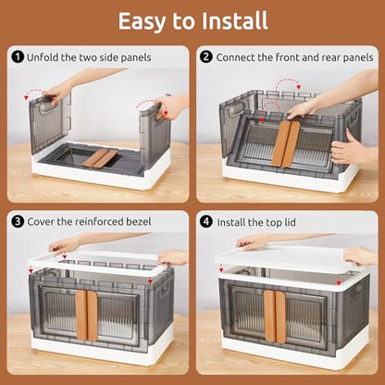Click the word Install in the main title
click(x=235, y=21)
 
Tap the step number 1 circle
click(x=18, y=57)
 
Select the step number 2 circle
click(x=206, y=57)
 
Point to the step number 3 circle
click(x=18, y=221)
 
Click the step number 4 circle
click(x=206, y=222)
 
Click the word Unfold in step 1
click(x=40, y=57)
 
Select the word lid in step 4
click(x=290, y=222)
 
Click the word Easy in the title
click(x=143, y=21)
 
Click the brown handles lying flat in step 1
click(x=100, y=158)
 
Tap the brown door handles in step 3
click(x=87, y=315)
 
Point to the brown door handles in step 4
click(x=275, y=317)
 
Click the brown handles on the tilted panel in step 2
click(x=286, y=143)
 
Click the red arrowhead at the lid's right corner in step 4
click(x=339, y=282)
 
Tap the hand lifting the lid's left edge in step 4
click(x=252, y=242)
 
